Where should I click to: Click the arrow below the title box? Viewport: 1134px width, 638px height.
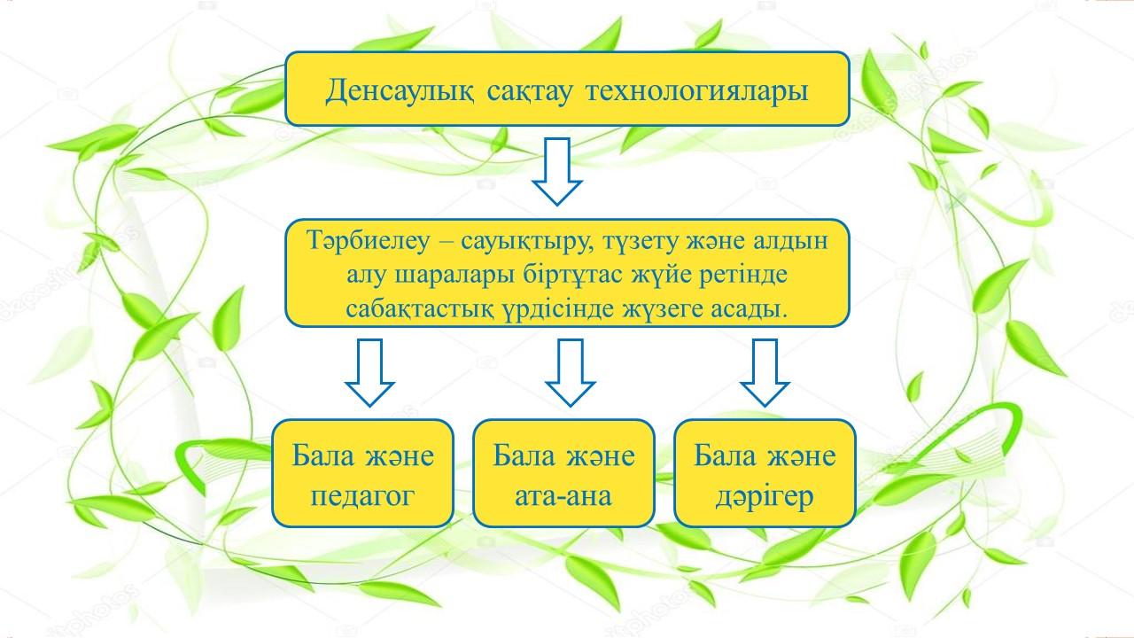point(557,172)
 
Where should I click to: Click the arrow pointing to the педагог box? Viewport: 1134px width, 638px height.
point(369,373)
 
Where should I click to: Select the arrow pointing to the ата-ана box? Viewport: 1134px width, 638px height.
point(570,373)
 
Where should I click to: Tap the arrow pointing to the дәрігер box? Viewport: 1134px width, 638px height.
point(765,373)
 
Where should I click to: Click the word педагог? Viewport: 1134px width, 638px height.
point(362,497)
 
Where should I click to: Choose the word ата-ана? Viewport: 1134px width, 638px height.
point(563,497)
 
